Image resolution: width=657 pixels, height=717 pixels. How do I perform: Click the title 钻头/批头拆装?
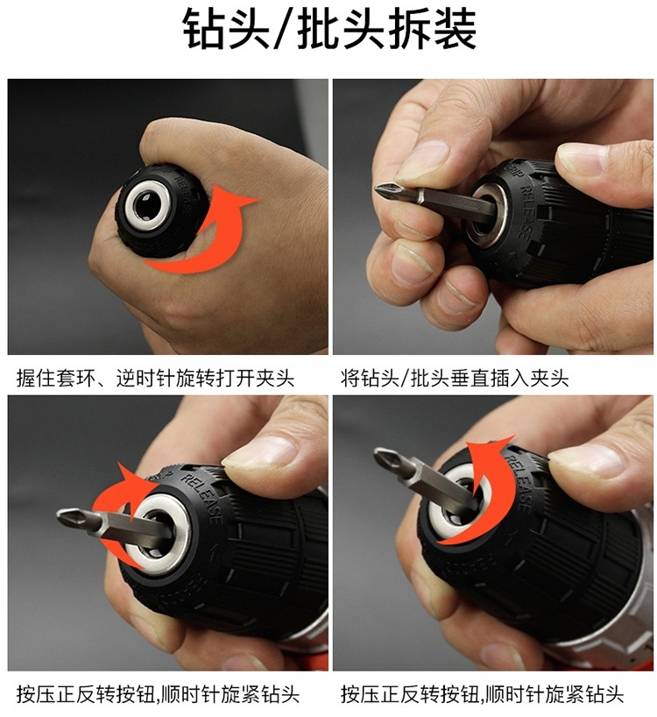click(329, 29)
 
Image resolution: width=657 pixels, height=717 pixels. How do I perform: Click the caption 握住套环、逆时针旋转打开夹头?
click(155, 378)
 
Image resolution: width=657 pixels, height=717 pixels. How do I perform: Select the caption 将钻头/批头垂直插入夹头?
click(455, 378)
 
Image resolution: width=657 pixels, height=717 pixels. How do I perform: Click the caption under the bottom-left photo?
click(158, 694)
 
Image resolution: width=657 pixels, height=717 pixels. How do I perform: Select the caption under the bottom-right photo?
click(482, 694)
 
